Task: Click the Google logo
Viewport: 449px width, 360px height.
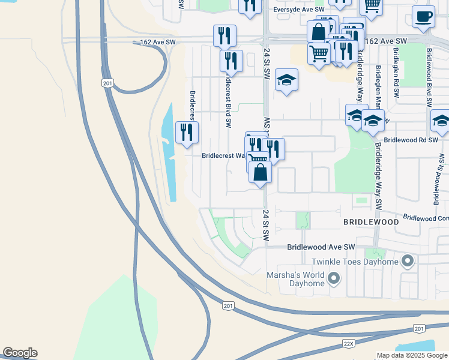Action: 20,353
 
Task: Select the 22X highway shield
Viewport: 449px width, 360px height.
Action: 349,344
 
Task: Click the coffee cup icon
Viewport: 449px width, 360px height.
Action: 424,17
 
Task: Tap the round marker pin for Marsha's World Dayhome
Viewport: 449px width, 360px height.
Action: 334,278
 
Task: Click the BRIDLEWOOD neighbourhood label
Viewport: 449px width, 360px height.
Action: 370,222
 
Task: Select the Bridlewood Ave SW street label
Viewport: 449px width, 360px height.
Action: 321,247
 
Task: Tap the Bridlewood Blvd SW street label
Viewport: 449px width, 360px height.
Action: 429,77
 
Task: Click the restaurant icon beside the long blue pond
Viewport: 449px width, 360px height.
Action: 187,132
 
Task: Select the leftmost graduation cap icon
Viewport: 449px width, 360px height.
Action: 286,80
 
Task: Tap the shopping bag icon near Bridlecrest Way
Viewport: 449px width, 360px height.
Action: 260,172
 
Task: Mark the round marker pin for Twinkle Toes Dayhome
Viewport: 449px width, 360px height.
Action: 408,261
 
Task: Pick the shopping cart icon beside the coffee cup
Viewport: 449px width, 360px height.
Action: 372,6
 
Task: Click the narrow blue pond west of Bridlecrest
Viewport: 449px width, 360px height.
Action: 170,156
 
